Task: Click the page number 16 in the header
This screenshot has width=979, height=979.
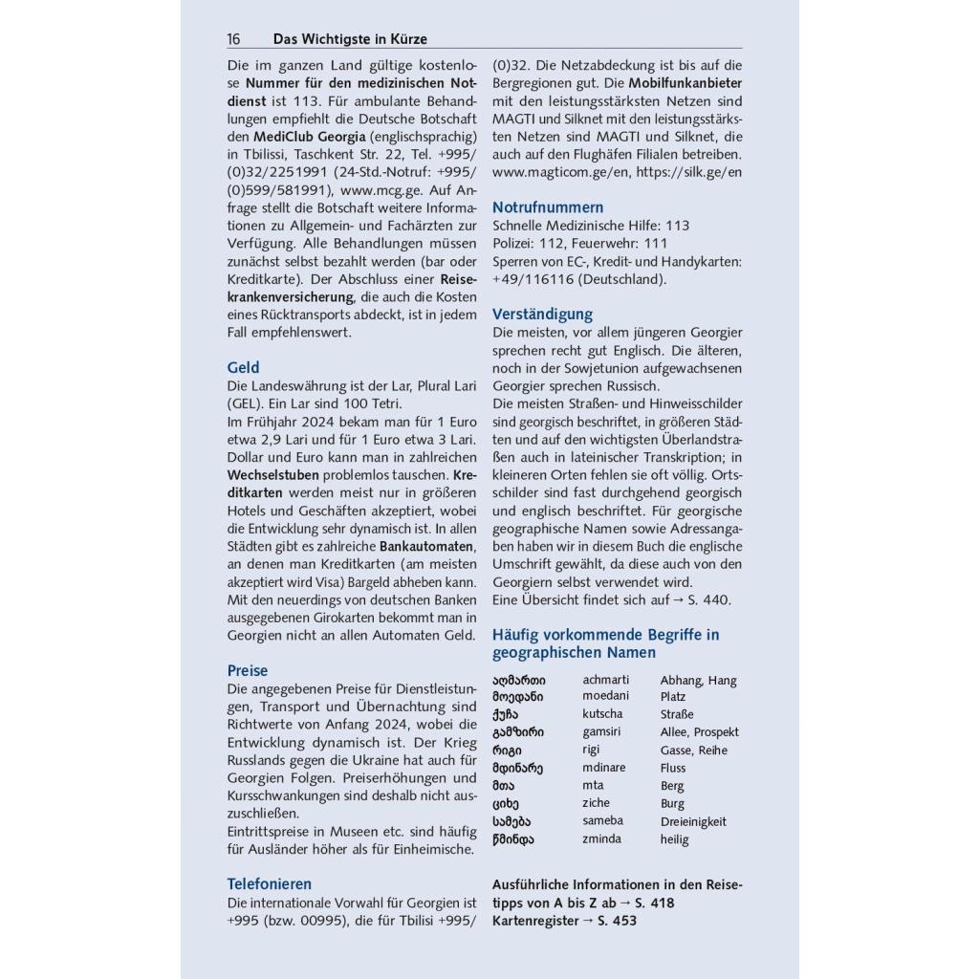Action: [x=234, y=39]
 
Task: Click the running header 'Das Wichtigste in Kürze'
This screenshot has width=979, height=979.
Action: [x=350, y=39]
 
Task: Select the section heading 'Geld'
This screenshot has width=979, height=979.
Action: [x=243, y=367]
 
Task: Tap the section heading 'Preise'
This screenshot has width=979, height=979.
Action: [x=248, y=670]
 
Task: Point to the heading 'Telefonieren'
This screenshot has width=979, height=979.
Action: [x=269, y=883]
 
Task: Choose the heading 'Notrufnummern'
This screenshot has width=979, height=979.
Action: [x=548, y=207]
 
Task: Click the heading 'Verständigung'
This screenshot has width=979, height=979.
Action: [x=542, y=314]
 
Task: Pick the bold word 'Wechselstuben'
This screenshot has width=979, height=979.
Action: [x=272, y=474]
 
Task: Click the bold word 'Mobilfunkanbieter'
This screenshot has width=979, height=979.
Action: [x=685, y=83]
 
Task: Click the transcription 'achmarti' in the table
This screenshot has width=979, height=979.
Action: [x=610, y=680]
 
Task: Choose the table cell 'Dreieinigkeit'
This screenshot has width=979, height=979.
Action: [x=693, y=821]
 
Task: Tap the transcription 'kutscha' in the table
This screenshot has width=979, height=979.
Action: [x=602, y=714]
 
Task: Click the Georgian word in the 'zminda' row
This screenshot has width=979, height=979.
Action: [x=513, y=839]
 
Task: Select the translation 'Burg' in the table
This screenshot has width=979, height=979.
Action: [x=672, y=804]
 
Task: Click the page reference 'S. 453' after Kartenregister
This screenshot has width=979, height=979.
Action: [x=617, y=921]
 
